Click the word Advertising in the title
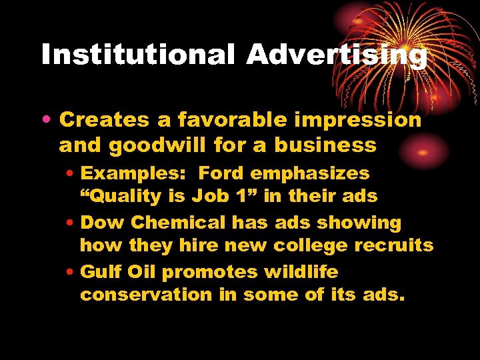pyautogui.click(x=337, y=55)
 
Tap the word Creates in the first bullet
pyautogui.click(x=104, y=120)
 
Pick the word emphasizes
pyautogui.click(x=310, y=173)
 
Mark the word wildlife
pyautogui.click(x=301, y=272)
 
